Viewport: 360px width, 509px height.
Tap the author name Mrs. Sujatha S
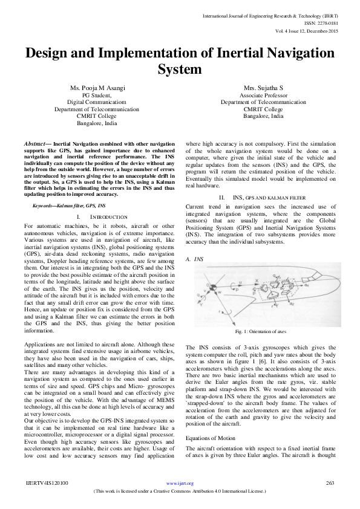(x=263, y=88)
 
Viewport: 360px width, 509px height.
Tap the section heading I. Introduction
(x=101, y=216)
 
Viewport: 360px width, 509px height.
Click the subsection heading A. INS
(x=194, y=258)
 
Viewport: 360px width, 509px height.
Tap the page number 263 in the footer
(x=330, y=483)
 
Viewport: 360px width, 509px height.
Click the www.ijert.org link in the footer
(x=180, y=484)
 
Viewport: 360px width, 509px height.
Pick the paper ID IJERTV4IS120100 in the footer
(x=47, y=484)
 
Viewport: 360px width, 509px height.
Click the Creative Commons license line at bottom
(x=180, y=491)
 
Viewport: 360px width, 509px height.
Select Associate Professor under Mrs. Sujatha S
(x=263, y=96)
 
